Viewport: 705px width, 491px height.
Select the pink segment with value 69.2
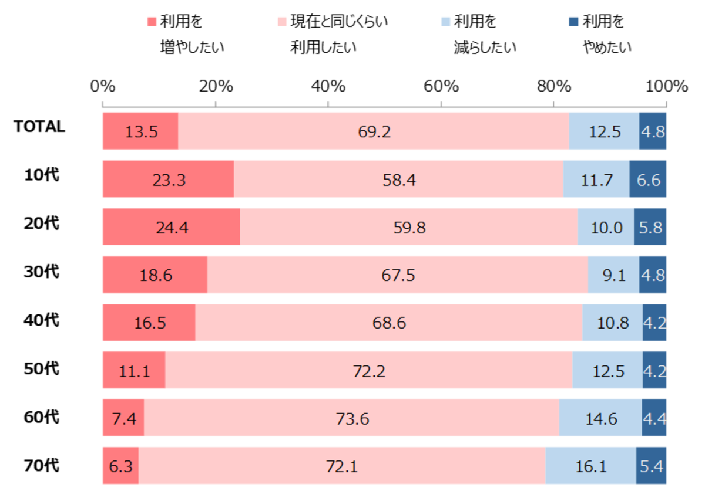tap(374, 131)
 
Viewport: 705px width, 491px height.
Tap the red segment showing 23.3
tap(168, 179)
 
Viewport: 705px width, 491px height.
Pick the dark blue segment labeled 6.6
tap(648, 179)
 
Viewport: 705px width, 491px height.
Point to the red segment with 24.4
tap(171, 227)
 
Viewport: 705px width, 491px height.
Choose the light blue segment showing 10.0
tap(606, 227)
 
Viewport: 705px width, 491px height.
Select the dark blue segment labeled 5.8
tap(650, 227)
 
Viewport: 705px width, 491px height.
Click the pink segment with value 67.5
tap(398, 275)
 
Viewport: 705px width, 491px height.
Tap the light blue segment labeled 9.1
tap(613, 275)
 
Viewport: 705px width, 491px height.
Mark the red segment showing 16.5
tap(149, 323)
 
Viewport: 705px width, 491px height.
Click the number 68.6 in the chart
tap(389, 323)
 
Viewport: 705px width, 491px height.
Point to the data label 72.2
tap(369, 370)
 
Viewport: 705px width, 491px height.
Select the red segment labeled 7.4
tap(123, 418)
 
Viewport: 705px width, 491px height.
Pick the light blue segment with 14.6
tap(600, 418)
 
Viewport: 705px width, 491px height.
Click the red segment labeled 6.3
tap(120, 466)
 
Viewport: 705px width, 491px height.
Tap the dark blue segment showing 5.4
tap(651, 466)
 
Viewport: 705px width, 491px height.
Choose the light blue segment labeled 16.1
tap(590, 466)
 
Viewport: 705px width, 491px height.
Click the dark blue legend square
tap(573, 22)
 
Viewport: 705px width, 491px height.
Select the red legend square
tap(152, 22)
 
